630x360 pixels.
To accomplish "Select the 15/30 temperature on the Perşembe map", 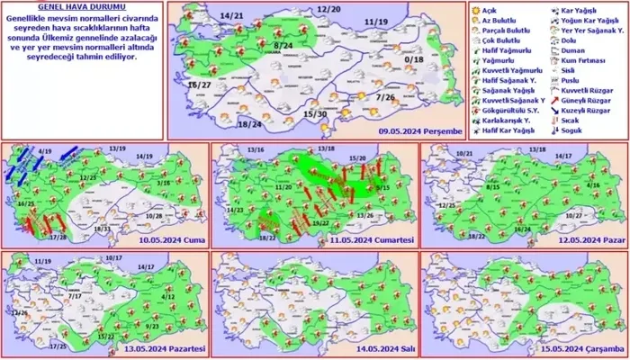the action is pyautogui.click(x=314, y=114).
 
